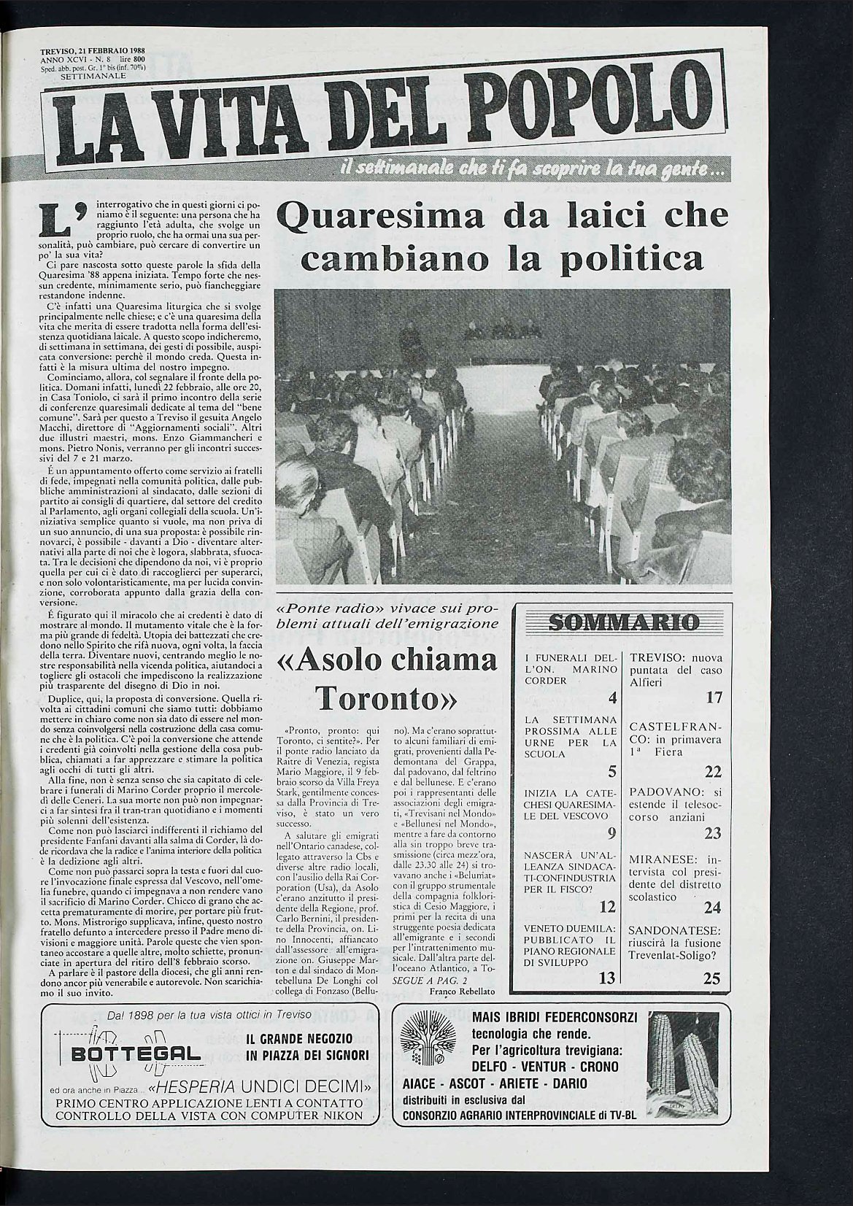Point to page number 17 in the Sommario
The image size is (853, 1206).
pyautogui.click(x=713, y=698)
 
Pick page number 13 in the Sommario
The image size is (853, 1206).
pyautogui.click(x=607, y=978)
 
